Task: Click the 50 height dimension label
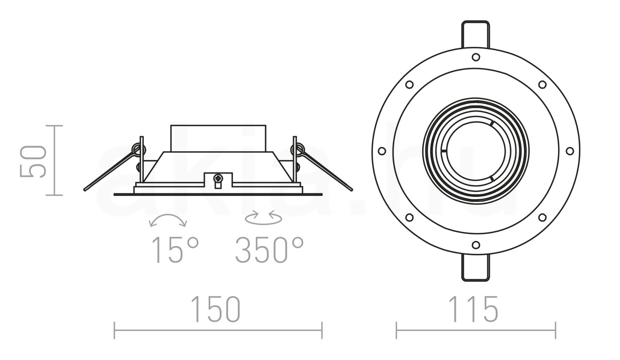(32, 161)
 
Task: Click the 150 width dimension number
(216, 309)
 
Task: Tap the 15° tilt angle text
(175, 250)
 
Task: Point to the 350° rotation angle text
(269, 250)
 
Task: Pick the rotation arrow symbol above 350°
(263, 217)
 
